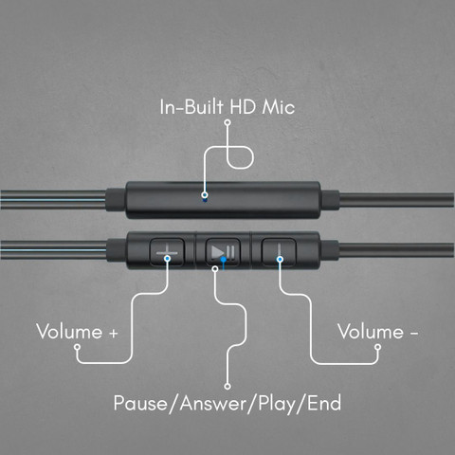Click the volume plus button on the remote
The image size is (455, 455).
click(x=167, y=252)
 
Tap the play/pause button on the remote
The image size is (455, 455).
click(x=223, y=252)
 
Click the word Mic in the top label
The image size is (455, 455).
click(x=278, y=107)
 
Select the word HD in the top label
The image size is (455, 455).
click(x=243, y=107)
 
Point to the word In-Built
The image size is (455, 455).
click(x=191, y=107)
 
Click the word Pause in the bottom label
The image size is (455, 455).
click(x=140, y=403)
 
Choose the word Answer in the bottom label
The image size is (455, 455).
click(x=213, y=404)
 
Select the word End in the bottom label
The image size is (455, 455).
click(x=324, y=403)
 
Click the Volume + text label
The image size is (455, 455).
click(x=77, y=332)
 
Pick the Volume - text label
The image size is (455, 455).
click(x=378, y=332)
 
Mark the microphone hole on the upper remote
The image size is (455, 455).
click(x=205, y=200)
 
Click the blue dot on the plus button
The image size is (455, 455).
click(x=168, y=259)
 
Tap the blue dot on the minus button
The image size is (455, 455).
click(x=280, y=260)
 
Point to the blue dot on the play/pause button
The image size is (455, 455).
click(x=224, y=260)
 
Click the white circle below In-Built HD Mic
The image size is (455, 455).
click(x=227, y=122)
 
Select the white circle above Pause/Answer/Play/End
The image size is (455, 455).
click(x=227, y=386)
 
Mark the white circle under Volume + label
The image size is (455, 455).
click(x=77, y=347)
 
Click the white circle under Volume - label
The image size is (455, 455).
click(x=377, y=347)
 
